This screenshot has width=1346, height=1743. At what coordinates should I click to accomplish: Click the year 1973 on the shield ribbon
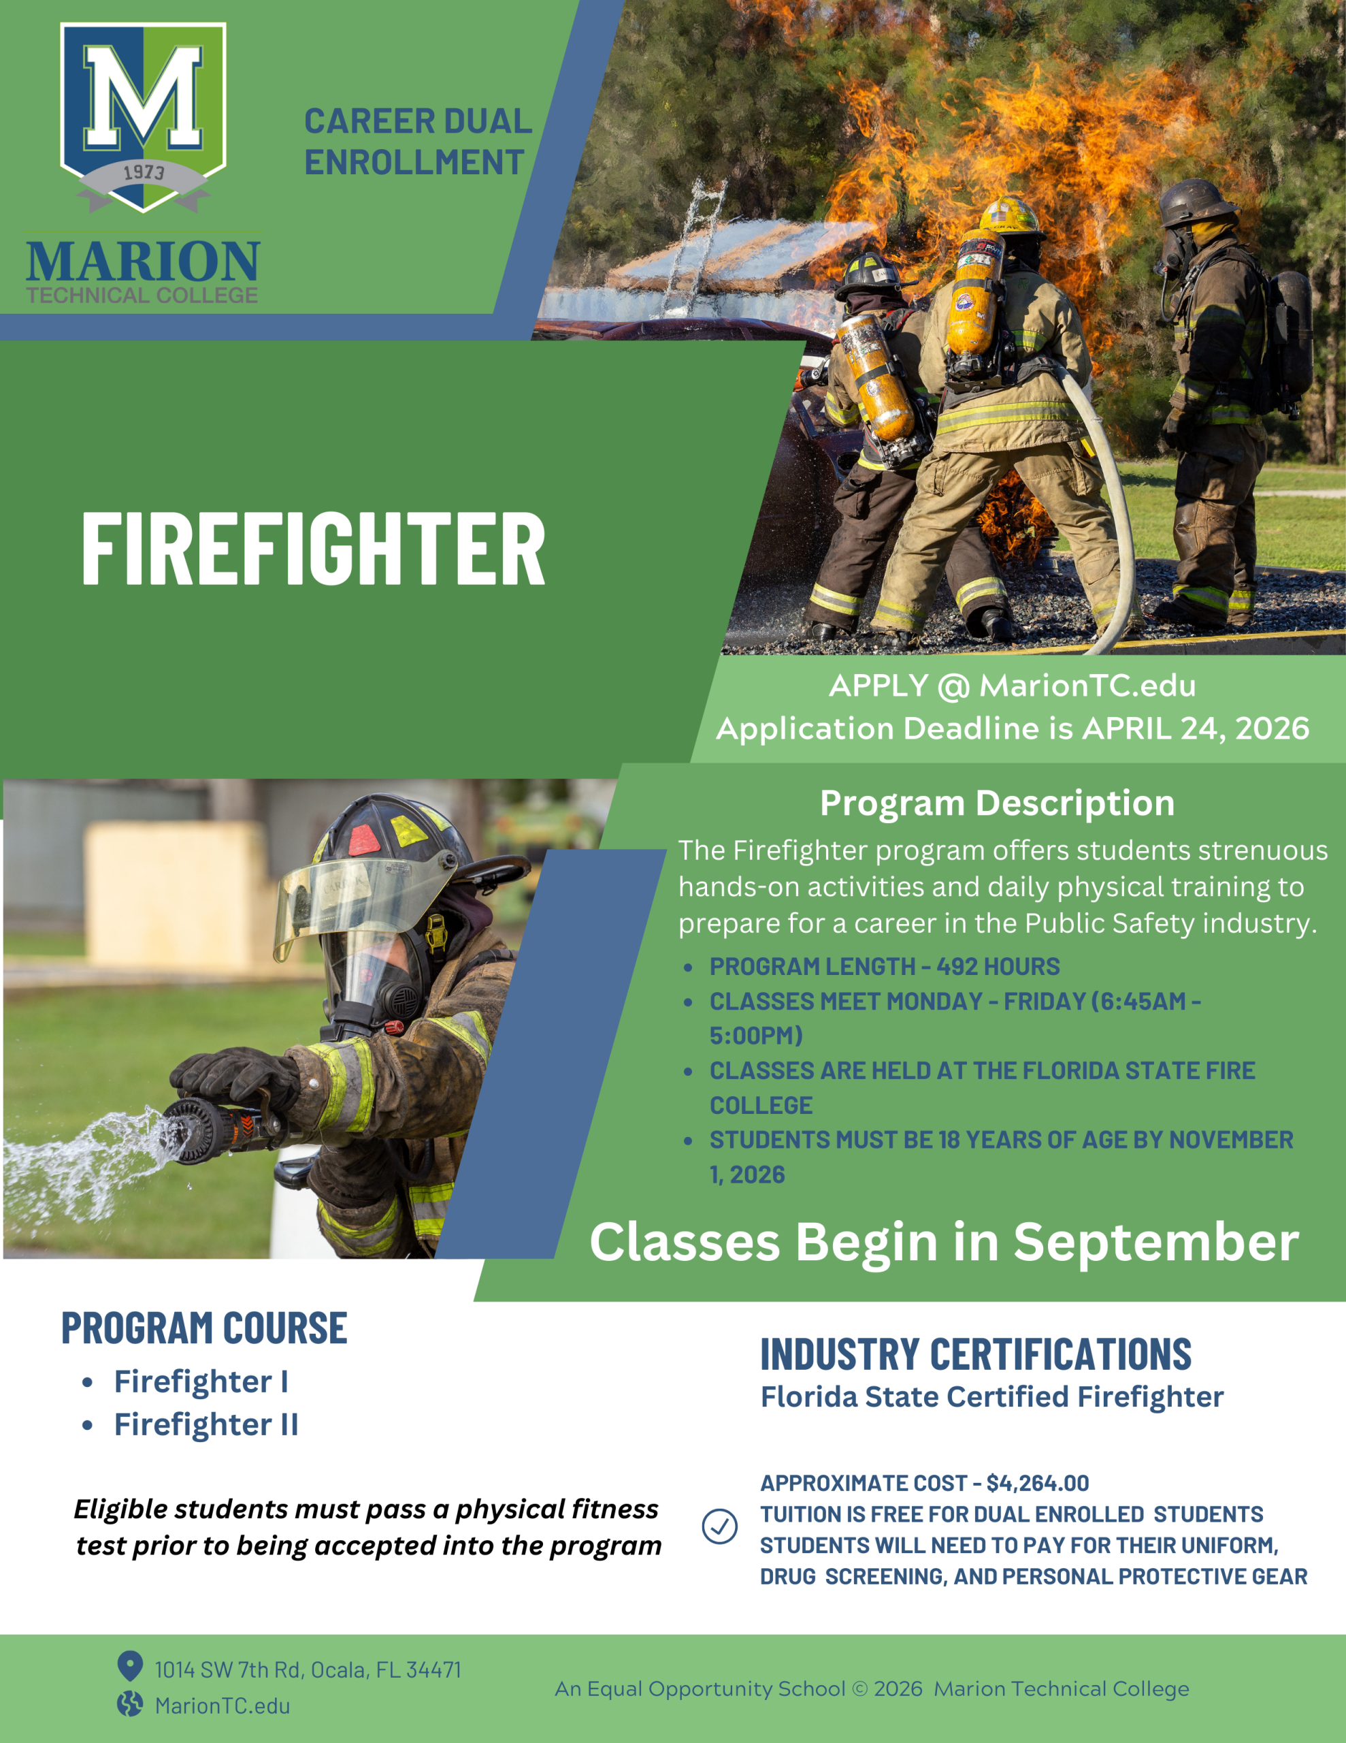pyautogui.click(x=144, y=172)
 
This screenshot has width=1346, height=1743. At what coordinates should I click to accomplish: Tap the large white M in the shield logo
pyautogui.click(x=144, y=97)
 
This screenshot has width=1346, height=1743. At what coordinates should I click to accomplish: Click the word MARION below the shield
pyautogui.click(x=143, y=261)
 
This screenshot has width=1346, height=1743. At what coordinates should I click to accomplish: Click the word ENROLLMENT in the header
pyautogui.click(x=414, y=163)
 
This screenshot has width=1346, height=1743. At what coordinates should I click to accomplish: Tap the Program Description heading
pyautogui.click(x=998, y=803)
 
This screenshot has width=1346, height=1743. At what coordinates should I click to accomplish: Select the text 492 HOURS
pyautogui.click(x=998, y=966)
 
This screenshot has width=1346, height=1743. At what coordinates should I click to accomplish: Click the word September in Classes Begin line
pyautogui.click(x=1156, y=1243)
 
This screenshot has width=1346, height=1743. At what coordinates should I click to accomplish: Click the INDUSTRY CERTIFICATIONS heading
pyautogui.click(x=976, y=1354)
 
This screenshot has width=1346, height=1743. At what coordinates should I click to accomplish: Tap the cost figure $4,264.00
pyautogui.click(x=1037, y=1484)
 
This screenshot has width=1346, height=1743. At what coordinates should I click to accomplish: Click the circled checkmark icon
pyautogui.click(x=720, y=1526)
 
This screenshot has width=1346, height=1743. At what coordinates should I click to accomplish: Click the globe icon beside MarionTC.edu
pyautogui.click(x=130, y=1705)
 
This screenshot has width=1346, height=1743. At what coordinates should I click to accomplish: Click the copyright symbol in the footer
pyautogui.click(x=859, y=1689)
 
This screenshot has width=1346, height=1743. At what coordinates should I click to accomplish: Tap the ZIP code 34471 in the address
pyautogui.click(x=433, y=1669)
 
